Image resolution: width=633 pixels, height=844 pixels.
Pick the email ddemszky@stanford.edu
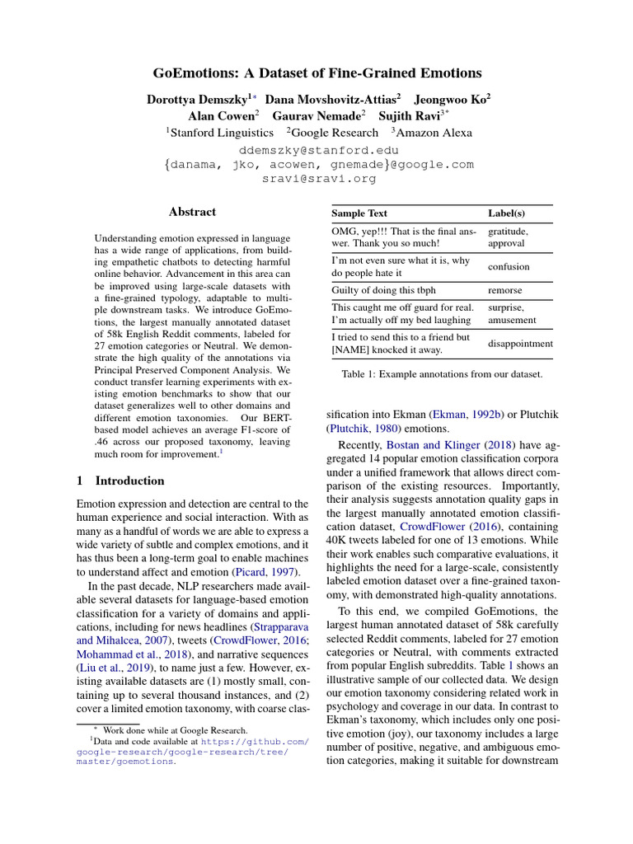point(318,151)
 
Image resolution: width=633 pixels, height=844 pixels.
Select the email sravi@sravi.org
point(318,177)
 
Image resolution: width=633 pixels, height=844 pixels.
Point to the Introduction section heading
point(129,481)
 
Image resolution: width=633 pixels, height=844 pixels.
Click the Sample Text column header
point(359,213)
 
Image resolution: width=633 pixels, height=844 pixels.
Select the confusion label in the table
point(509,267)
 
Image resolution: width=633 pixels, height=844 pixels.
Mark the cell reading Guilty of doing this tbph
point(383,291)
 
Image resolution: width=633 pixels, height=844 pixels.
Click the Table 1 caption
point(442,375)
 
